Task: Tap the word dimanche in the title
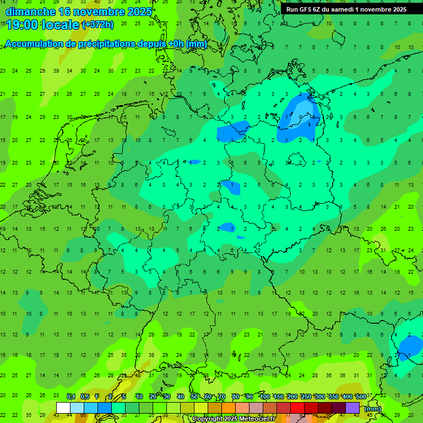click(x=30, y=11)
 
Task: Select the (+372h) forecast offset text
click(x=97, y=25)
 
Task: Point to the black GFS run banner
click(x=346, y=9)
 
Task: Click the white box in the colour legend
click(x=63, y=408)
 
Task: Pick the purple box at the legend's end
click(x=352, y=408)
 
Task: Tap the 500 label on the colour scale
click(x=361, y=397)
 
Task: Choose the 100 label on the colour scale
click(x=264, y=397)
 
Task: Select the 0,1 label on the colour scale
click(x=71, y=397)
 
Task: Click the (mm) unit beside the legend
click(x=373, y=409)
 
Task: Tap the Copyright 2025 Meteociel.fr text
click(x=235, y=419)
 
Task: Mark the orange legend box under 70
click(x=229, y=408)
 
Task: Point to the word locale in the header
click(x=62, y=25)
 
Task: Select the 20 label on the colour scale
click(x=153, y=397)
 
